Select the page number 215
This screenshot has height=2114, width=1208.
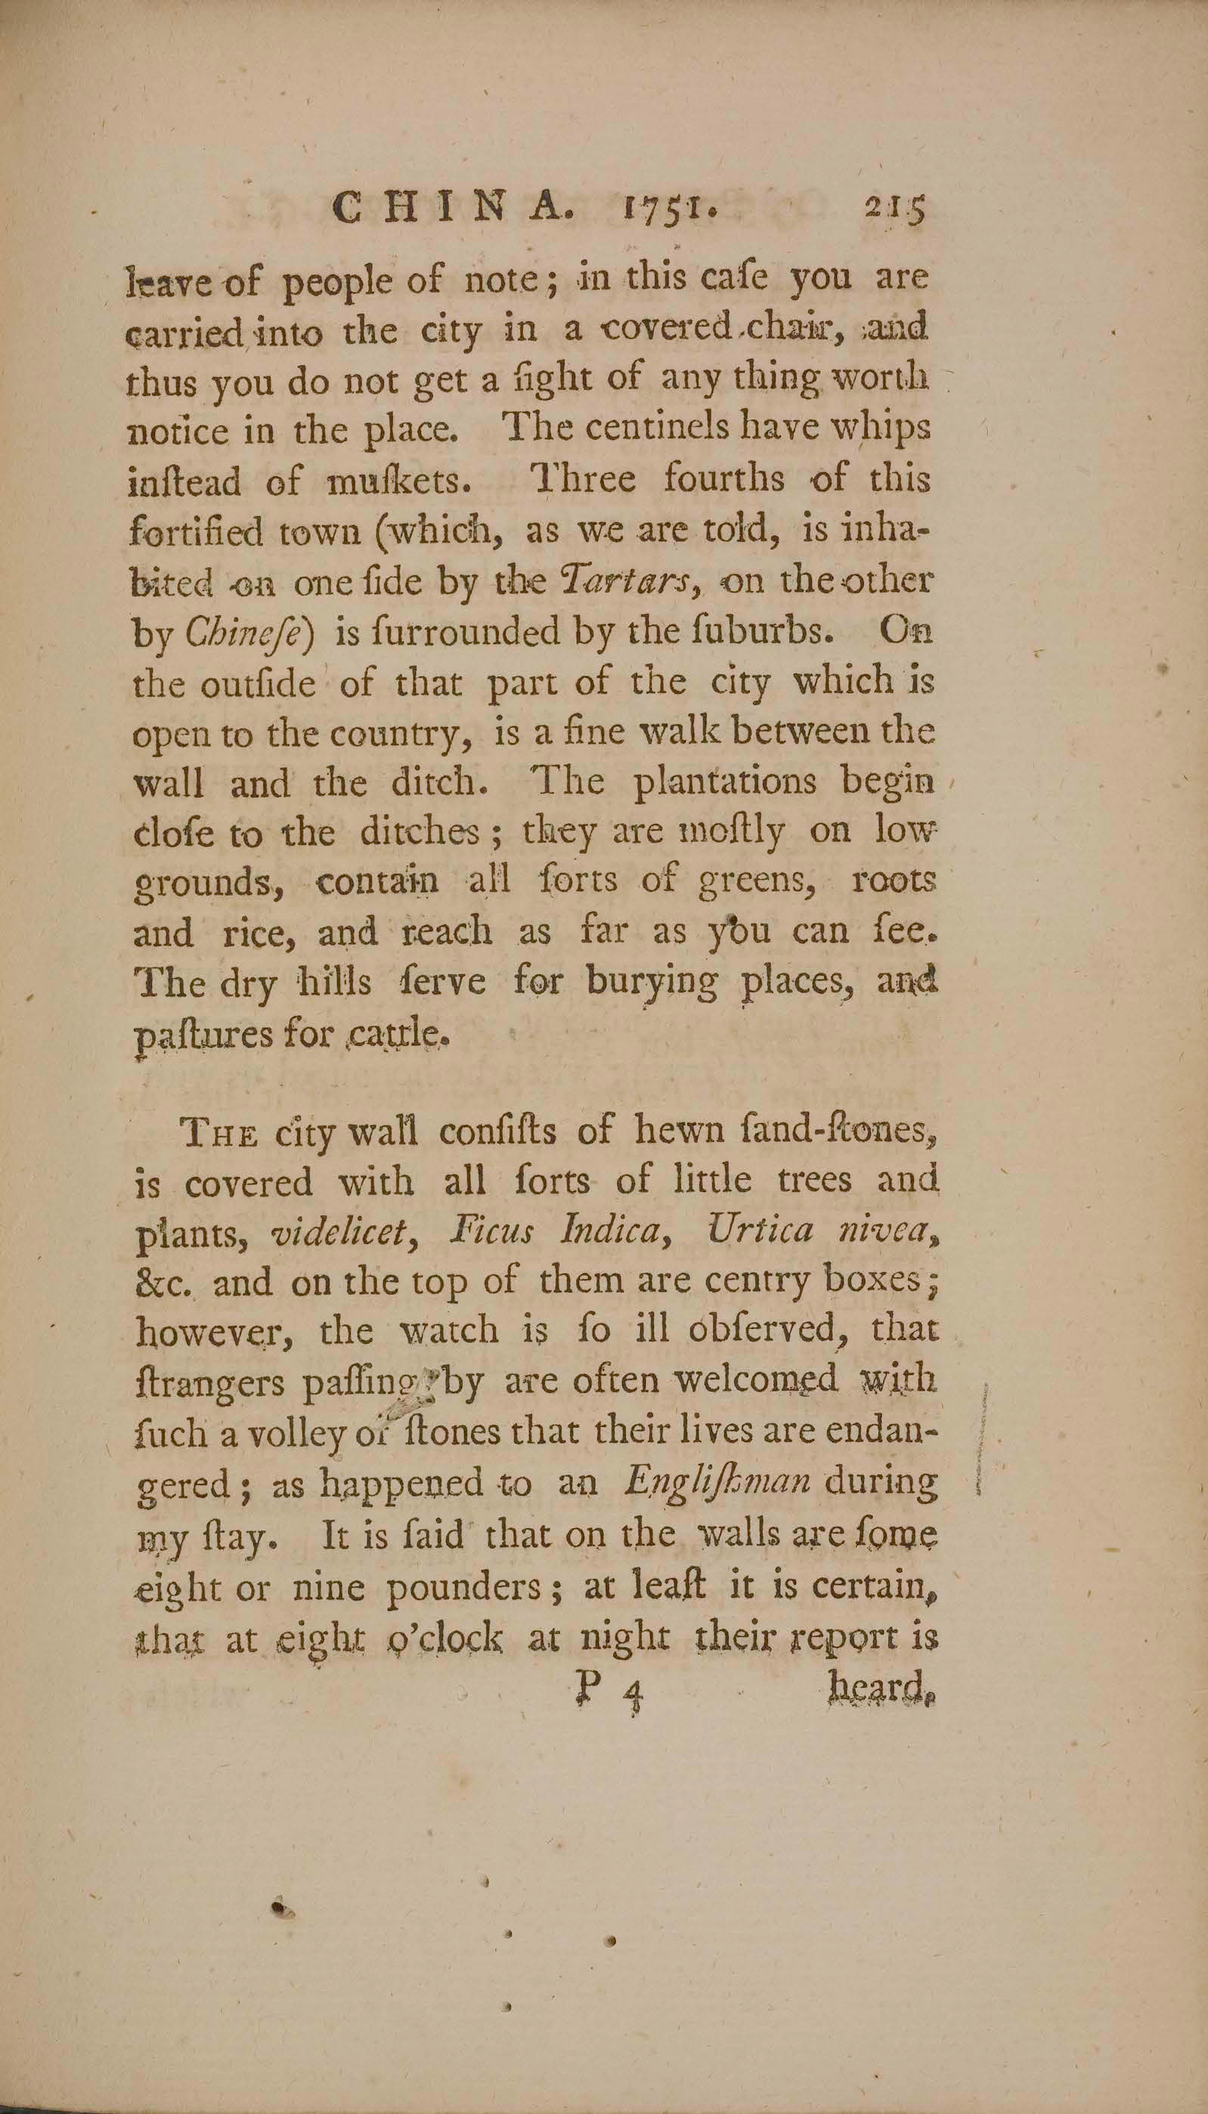coord(894,212)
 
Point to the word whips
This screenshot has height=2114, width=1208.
coord(881,428)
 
